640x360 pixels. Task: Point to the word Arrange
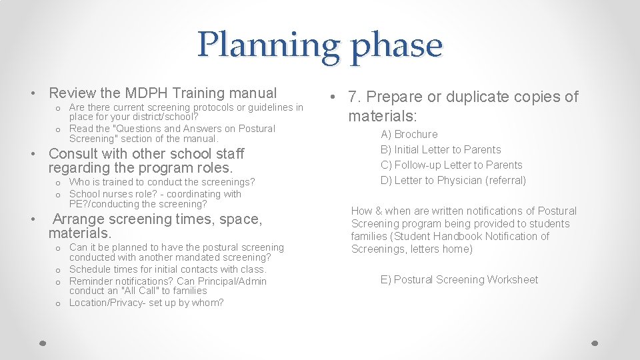pos(79,219)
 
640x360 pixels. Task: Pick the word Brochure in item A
pos(416,134)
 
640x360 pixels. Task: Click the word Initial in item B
pos(408,149)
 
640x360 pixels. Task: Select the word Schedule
pos(90,269)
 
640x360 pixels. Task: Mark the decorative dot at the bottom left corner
pos(42,343)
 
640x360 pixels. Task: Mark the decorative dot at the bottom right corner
pos(595,343)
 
